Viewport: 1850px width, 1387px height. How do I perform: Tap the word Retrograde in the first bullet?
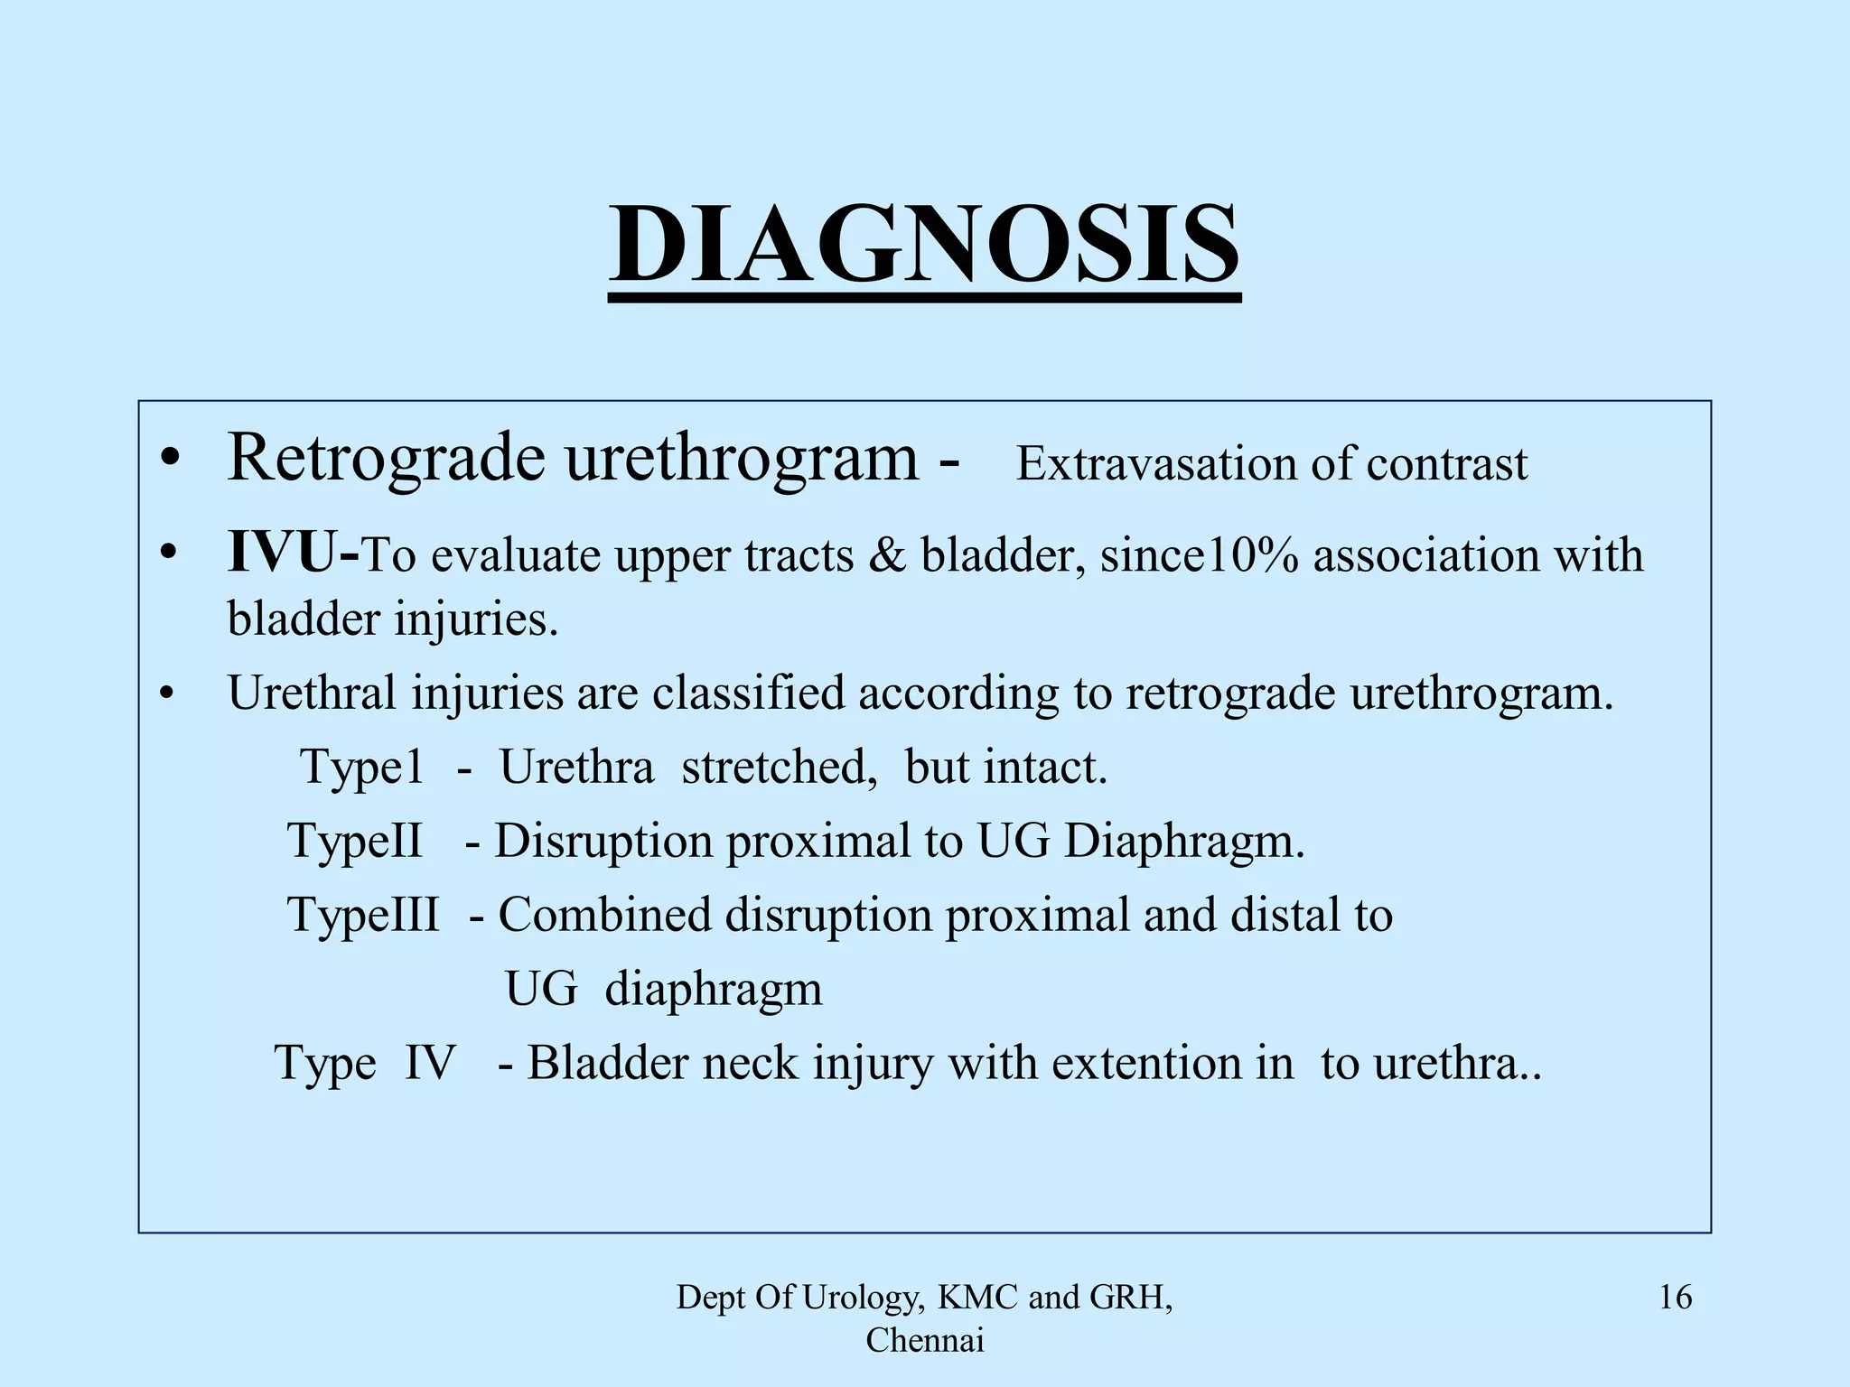(386, 458)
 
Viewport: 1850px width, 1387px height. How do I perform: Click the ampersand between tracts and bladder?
(887, 554)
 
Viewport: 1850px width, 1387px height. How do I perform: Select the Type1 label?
(361, 768)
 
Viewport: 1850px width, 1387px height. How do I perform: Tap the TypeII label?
(355, 841)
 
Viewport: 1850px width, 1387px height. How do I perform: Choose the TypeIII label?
(363, 915)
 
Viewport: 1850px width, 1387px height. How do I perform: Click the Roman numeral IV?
(429, 1063)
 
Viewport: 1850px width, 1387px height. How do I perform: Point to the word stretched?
(779, 768)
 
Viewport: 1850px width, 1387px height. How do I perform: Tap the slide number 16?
(1675, 1298)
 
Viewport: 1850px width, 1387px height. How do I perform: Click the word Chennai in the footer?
(924, 1341)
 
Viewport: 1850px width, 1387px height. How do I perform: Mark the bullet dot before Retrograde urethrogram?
(167, 461)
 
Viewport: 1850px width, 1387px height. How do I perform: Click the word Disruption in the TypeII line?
(603, 841)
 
